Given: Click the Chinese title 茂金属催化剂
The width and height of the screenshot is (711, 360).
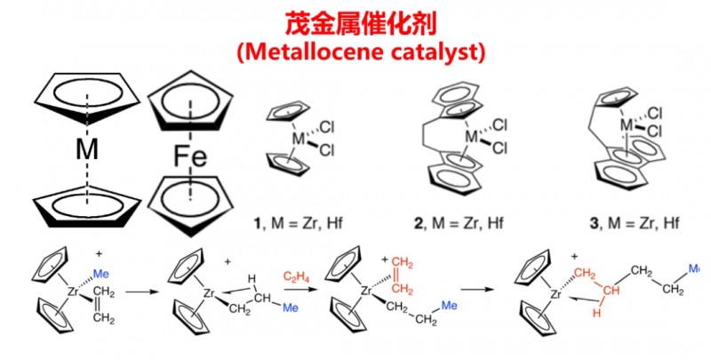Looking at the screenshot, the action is (361, 24).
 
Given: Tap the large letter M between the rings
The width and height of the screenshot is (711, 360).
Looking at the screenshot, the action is (86, 148).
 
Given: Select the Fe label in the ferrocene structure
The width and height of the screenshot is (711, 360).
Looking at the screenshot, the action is (190, 156).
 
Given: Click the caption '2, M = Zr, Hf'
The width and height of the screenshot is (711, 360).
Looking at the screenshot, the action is (459, 223).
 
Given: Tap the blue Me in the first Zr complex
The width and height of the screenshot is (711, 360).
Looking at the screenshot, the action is (101, 274).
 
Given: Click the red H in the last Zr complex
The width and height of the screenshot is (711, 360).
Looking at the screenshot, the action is (596, 312).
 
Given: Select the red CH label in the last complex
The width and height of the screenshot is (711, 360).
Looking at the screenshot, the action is (611, 290).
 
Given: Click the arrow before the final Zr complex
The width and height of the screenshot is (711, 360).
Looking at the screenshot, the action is (477, 289).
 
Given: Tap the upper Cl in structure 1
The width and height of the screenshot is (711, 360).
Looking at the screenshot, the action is (326, 128).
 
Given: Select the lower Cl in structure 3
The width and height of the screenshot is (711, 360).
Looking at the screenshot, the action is (655, 132).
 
